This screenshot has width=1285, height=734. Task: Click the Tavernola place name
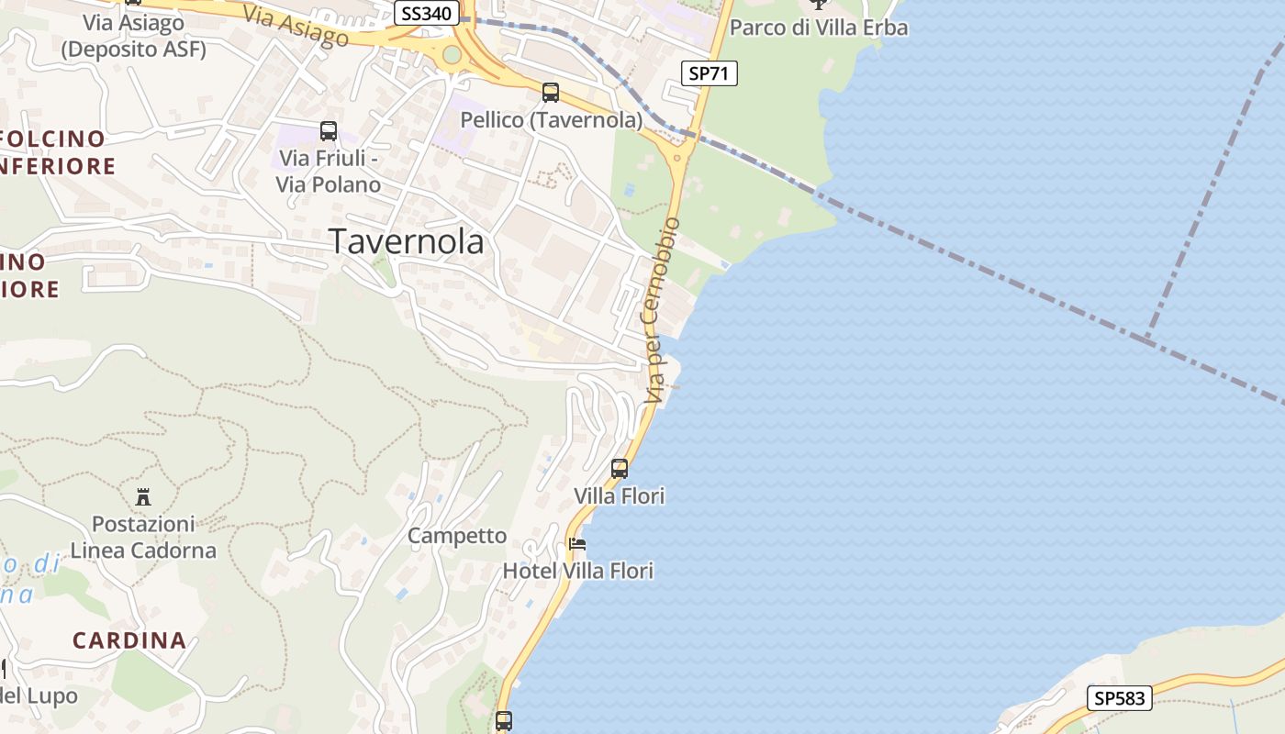point(407,241)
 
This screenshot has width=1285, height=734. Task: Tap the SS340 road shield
point(429,14)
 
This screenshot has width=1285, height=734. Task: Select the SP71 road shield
point(710,73)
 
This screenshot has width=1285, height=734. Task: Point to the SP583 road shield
point(1120,698)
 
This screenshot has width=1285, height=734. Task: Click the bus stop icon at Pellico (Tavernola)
point(551,93)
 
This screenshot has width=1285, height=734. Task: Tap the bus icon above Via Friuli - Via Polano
point(328,131)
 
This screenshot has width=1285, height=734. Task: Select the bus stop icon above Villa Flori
point(620,469)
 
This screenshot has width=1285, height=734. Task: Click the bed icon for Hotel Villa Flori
point(577,544)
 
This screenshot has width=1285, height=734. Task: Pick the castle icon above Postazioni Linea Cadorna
point(143,497)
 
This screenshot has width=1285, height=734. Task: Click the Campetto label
point(457,536)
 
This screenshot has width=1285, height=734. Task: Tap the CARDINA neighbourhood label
point(129,640)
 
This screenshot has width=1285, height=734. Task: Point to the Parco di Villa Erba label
point(819,28)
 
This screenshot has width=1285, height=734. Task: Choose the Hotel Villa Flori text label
point(578,571)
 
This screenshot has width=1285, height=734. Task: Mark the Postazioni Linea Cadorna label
point(143,538)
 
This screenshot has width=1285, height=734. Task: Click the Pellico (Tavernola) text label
point(551,120)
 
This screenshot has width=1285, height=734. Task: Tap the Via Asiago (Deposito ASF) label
point(134,36)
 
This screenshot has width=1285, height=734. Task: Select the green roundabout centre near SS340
point(452,55)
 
